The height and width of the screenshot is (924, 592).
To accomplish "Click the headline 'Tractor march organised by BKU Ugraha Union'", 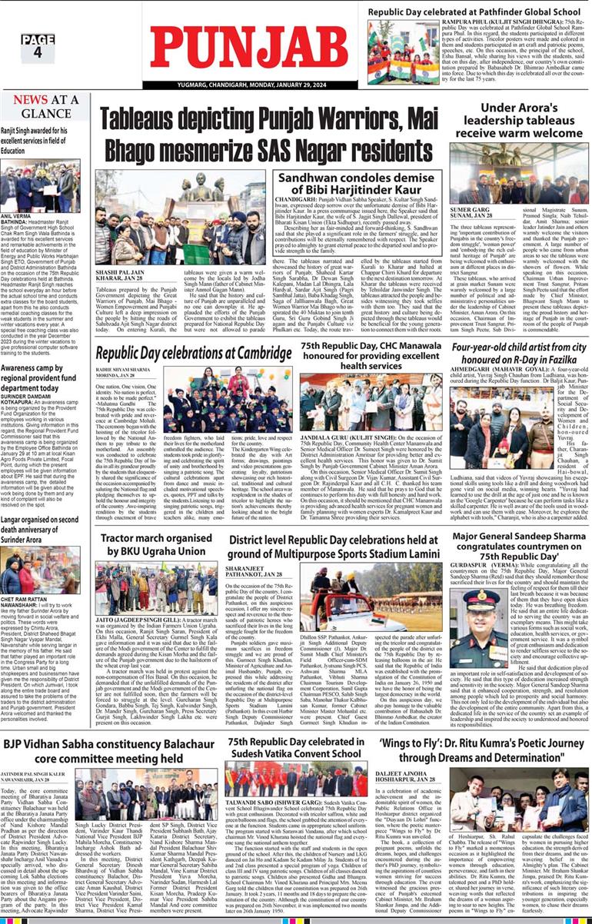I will click(x=150, y=545).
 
